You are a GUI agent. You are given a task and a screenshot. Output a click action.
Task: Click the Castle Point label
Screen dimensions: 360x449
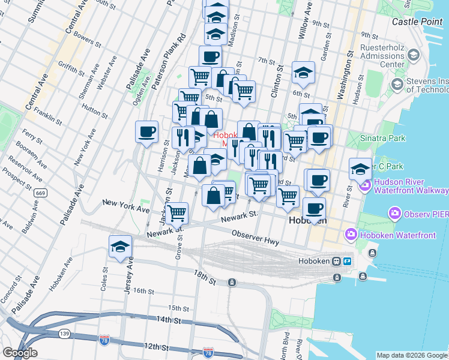tap(418, 22)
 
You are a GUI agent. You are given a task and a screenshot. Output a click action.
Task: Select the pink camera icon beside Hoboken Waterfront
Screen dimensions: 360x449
tap(351, 235)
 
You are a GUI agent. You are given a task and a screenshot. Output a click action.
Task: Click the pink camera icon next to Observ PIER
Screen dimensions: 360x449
tap(395, 213)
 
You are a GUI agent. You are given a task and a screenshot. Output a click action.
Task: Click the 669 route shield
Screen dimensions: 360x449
tap(41, 193)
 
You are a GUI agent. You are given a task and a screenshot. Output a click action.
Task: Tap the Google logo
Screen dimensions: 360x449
tap(20, 353)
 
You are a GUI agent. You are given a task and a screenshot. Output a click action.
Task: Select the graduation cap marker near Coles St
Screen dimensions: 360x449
tap(120, 247)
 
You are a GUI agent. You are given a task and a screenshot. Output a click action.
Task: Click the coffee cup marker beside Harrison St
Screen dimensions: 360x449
tap(146, 133)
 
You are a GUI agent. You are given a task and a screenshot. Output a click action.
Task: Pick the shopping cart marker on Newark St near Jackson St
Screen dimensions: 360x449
tap(176, 213)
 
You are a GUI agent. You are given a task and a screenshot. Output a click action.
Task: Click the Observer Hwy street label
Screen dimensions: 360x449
tap(256, 238)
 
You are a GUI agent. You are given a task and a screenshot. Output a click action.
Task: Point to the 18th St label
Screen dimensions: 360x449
tap(204, 277)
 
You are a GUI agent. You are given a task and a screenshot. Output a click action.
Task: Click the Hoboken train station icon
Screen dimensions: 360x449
tap(338, 262)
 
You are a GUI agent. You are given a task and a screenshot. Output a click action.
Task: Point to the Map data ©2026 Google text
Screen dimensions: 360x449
tap(411, 355)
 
